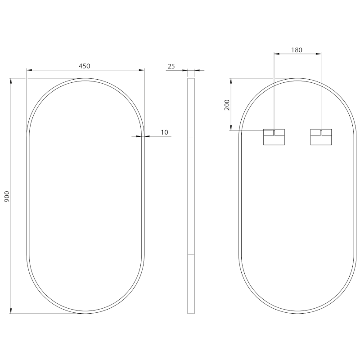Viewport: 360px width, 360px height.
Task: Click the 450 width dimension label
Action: (x=85, y=66)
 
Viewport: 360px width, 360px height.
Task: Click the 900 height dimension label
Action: (x=7, y=197)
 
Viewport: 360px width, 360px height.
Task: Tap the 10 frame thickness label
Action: (x=164, y=132)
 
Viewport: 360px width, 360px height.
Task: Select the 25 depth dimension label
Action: (x=171, y=66)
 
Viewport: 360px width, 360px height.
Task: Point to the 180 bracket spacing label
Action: (x=297, y=50)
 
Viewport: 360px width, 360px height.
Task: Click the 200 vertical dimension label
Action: (x=227, y=105)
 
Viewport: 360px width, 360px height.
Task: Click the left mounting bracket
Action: (x=274, y=137)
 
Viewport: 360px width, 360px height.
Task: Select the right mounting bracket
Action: (x=321, y=137)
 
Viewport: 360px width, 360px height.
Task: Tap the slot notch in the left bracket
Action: (x=274, y=133)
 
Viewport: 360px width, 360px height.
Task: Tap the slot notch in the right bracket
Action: (x=321, y=133)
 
